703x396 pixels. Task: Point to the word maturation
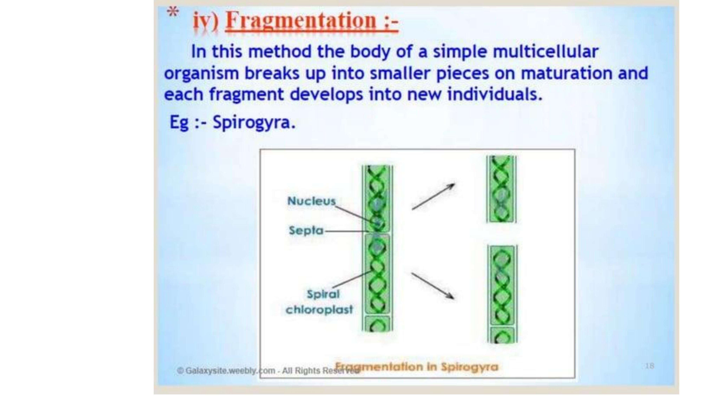(566, 73)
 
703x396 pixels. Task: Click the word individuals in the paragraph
(494, 95)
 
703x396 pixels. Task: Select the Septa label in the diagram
(306, 230)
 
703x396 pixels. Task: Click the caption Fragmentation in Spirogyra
(416, 367)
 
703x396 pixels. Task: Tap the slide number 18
(650, 366)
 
